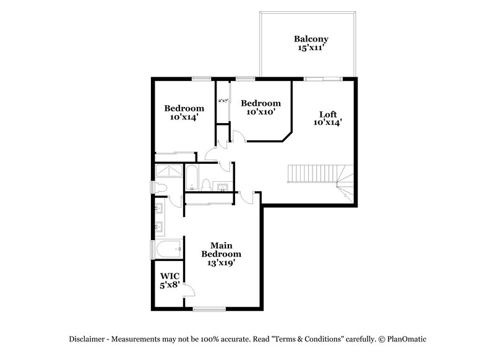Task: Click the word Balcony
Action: coord(311,39)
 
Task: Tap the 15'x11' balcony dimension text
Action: coord(311,48)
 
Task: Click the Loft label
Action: coord(328,114)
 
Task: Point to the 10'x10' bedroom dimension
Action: coord(260,112)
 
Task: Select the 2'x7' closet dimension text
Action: coord(223,100)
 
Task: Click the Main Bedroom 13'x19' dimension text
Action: coord(220,262)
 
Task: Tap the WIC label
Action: coord(169,276)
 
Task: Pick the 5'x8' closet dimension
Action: coord(169,285)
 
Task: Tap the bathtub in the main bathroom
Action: coord(169,249)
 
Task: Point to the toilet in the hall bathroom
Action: coord(207,185)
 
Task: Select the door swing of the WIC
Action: coord(190,291)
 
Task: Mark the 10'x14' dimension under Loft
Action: coord(328,122)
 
